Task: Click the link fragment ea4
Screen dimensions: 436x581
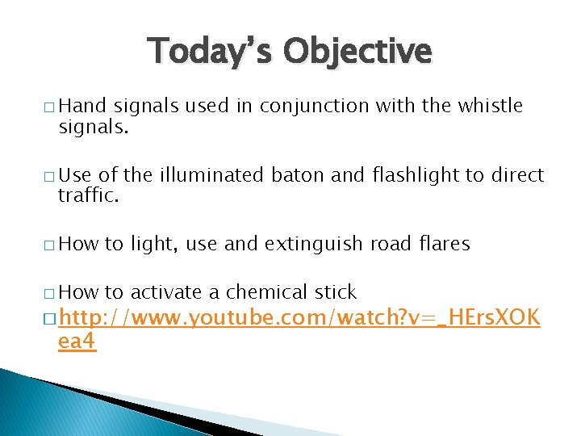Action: click(77, 341)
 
